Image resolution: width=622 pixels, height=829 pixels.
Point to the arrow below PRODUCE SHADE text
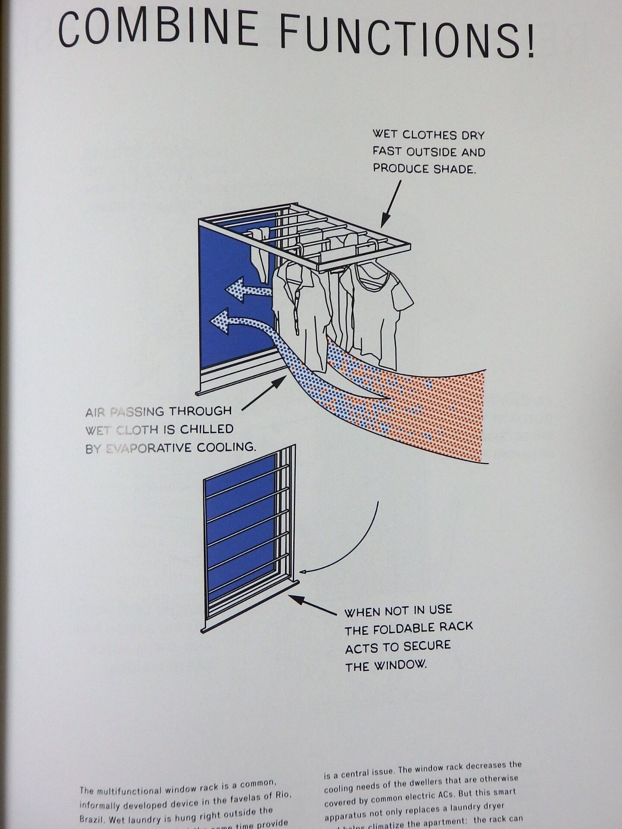click(391, 203)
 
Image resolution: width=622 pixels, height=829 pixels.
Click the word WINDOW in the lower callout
click(400, 665)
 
